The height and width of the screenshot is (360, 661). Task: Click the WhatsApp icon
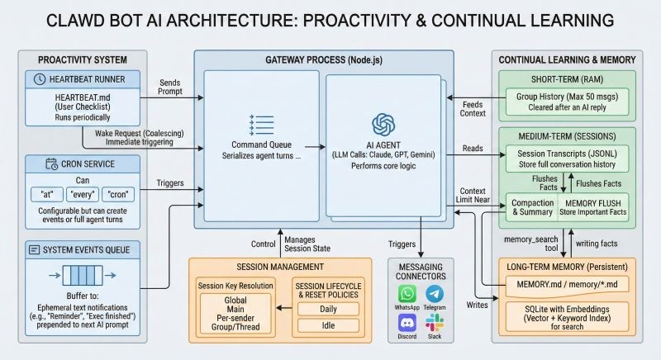[x=407, y=295]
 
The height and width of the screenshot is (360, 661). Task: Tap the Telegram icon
[x=435, y=295]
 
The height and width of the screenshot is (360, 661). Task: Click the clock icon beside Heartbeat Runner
[x=40, y=78]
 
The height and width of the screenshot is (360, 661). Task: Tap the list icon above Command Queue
[x=260, y=124]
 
